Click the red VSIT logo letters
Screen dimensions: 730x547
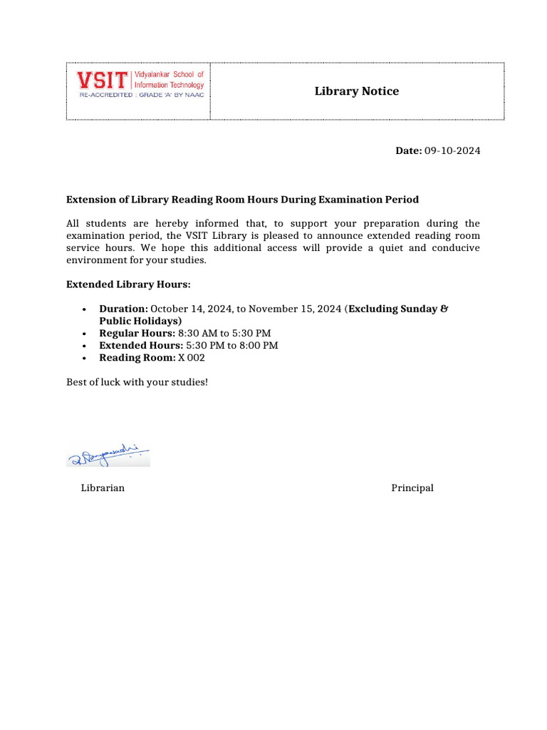click(x=103, y=79)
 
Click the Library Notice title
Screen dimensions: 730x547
click(x=357, y=91)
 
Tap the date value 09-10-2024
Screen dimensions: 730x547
click(x=452, y=150)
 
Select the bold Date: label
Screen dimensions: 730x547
click(x=409, y=150)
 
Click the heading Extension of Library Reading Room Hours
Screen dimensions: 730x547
click(x=242, y=200)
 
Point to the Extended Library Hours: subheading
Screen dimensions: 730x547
click(x=128, y=284)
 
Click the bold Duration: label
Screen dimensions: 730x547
click(x=123, y=309)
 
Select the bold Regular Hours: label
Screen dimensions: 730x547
click(x=137, y=333)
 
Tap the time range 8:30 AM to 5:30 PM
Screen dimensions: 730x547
click(x=224, y=333)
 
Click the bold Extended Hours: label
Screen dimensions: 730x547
click(x=141, y=345)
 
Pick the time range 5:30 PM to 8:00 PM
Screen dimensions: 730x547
click(x=232, y=345)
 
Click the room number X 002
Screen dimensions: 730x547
click(x=192, y=358)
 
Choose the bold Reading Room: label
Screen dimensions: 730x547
click(x=137, y=358)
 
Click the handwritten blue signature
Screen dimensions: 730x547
click(x=108, y=454)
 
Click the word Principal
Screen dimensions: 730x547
click(x=412, y=488)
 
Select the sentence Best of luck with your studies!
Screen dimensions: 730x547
click(x=137, y=382)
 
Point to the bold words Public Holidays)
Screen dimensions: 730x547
click(x=140, y=321)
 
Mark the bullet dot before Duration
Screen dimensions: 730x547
click(x=85, y=309)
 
